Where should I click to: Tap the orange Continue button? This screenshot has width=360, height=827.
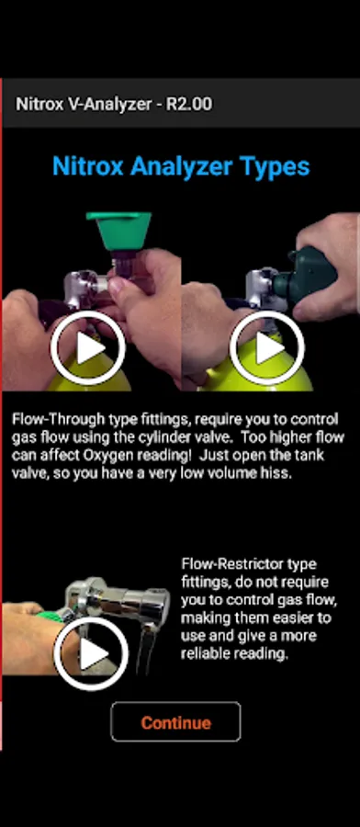175,722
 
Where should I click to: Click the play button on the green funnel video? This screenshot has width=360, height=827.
88,347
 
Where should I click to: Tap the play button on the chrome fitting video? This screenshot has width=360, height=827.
91,653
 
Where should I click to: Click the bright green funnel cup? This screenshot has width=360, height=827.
119,231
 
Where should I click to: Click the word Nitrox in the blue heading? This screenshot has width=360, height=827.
88,166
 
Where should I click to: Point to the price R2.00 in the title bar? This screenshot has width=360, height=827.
189,104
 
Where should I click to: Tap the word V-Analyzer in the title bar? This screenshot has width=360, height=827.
110,104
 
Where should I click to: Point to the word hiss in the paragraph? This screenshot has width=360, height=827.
279,473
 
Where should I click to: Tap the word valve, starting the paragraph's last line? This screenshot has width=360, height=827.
27,473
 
